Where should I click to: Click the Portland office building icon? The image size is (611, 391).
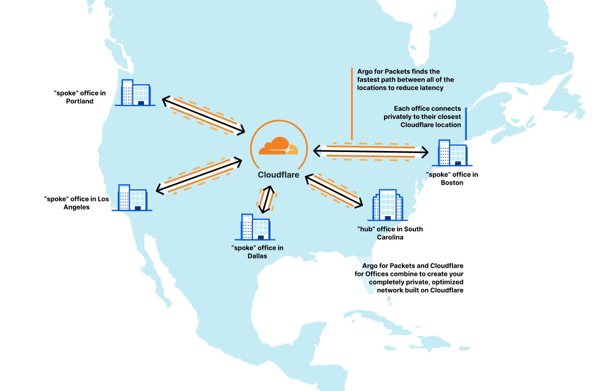click(x=135, y=92)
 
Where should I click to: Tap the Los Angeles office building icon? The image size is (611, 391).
click(x=132, y=197)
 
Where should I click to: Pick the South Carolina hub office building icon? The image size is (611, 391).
click(x=387, y=205)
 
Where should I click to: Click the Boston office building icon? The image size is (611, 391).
click(x=452, y=153)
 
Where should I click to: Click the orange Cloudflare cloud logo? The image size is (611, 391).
click(x=278, y=146)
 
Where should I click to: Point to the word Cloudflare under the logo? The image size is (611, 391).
click(x=278, y=174)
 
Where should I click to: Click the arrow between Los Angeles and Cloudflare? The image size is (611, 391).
click(x=199, y=174)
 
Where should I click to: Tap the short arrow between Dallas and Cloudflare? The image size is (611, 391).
click(x=266, y=199)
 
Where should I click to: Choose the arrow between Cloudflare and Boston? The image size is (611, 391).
click(x=371, y=151)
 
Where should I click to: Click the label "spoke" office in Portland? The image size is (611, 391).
click(x=80, y=97)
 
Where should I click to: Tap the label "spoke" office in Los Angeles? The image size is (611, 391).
click(x=77, y=203)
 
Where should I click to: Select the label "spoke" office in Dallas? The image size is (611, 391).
click(x=257, y=252)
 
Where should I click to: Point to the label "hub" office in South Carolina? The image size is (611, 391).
click(x=389, y=233)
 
